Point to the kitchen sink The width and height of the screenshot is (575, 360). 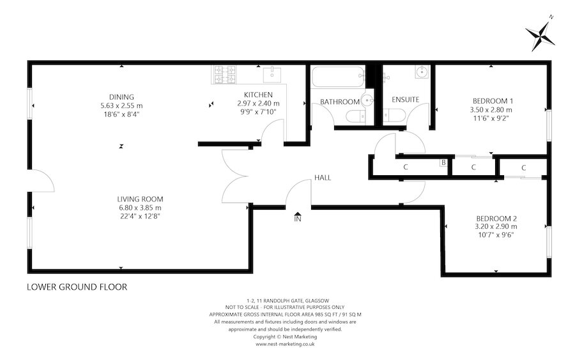[x=271, y=72]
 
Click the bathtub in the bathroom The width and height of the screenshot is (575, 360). [x=336, y=78]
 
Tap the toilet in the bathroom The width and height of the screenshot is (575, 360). [x=356, y=116]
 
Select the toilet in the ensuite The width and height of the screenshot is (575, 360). [x=393, y=116]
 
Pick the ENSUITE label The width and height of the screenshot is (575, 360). [x=405, y=100]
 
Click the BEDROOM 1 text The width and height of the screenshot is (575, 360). [x=493, y=101]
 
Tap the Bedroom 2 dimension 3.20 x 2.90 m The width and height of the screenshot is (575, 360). [x=496, y=226]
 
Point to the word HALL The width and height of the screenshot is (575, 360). [x=322, y=178]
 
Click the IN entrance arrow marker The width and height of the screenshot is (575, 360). [x=297, y=218]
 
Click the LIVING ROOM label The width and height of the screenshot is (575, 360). [x=139, y=199]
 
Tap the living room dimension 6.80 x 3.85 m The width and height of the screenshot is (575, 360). [x=139, y=208]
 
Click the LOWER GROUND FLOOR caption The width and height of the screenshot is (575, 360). [x=77, y=287]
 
